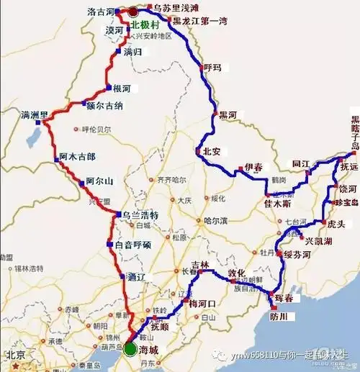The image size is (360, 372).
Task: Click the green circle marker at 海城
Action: [x=129, y=349]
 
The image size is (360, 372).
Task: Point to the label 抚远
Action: [x=348, y=166]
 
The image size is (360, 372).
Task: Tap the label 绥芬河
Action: [x=297, y=255]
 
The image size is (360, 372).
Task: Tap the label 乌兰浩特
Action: [x=136, y=215]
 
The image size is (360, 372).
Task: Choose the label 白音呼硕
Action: [x=133, y=245]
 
